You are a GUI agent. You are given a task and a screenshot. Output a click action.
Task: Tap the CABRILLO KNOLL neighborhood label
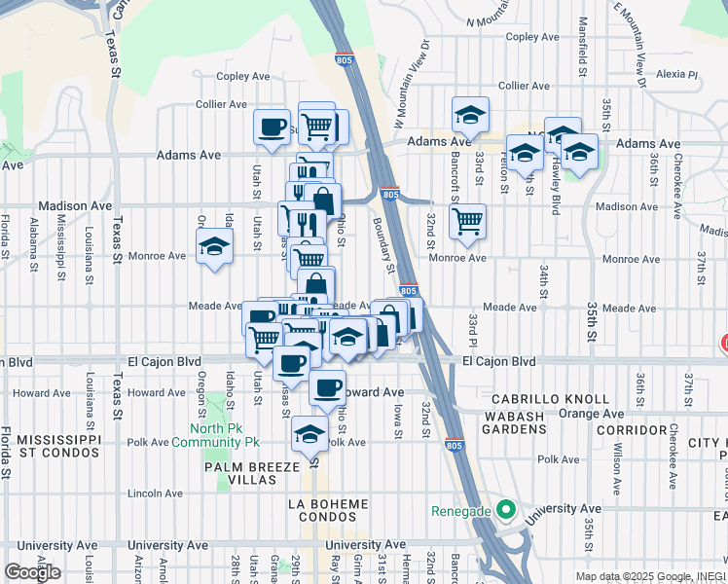pos(551,399)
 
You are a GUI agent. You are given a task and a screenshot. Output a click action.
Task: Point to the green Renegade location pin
pos(504,509)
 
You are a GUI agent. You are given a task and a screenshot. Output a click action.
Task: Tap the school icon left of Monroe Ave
pos(214,246)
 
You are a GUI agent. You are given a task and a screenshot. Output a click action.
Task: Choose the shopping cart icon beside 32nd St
pos(468,220)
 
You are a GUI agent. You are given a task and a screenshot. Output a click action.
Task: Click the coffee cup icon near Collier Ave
pos(272,126)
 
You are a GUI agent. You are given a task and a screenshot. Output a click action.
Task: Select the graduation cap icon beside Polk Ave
pos(310,433)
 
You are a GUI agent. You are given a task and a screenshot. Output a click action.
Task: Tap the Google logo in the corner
pos(34,572)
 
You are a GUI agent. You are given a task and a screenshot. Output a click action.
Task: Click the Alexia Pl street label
pos(677,74)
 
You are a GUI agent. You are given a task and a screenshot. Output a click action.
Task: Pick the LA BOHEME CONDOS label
pos(328,510)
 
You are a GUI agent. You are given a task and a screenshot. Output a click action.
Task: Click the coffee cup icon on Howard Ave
pos(327,388)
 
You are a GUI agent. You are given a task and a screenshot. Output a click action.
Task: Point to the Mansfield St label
pos(583,48)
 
